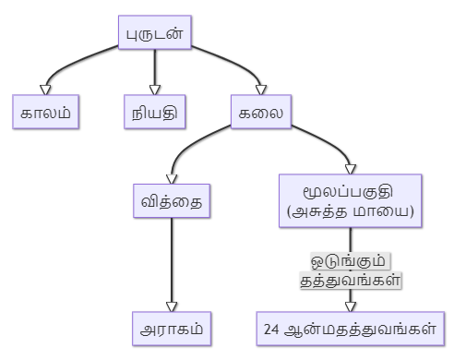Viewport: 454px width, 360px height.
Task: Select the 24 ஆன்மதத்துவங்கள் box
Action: point(351,328)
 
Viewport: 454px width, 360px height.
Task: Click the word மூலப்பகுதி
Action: point(351,191)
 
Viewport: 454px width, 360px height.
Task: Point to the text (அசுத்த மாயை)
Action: point(351,211)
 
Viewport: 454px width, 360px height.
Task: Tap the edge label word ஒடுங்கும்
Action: point(351,260)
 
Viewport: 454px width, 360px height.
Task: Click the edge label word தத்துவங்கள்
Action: point(351,278)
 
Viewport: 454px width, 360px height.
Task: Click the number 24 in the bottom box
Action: point(271,328)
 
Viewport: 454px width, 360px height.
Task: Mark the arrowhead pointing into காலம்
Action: point(45,90)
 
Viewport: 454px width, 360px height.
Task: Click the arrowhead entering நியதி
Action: point(154,90)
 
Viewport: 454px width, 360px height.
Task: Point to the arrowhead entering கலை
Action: point(261,90)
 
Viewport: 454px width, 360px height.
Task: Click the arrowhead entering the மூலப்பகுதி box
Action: point(351,168)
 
